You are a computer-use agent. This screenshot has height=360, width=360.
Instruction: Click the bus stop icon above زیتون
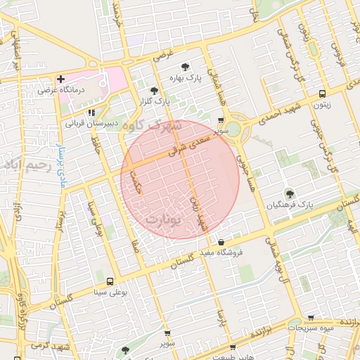coord(322,94)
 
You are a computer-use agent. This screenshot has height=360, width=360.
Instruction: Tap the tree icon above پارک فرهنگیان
coord(288,193)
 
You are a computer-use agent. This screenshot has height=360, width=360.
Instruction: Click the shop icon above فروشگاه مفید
coord(221,241)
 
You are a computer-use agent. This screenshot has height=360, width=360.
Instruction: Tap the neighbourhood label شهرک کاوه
coord(150,127)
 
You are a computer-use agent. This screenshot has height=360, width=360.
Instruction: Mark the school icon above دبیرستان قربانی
coord(91,112)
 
